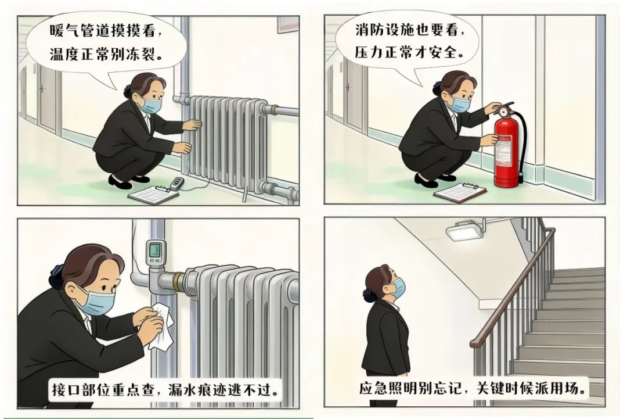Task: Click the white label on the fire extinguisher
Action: tap(503, 151)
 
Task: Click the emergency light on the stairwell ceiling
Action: tap(464, 231)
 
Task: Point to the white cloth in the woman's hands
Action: tap(161, 325)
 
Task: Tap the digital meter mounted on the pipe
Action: tap(155, 252)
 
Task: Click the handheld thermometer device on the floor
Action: tap(176, 183)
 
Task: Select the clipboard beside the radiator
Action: tap(153, 195)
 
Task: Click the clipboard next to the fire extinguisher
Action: tap(460, 193)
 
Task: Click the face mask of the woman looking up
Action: tap(398, 289)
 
